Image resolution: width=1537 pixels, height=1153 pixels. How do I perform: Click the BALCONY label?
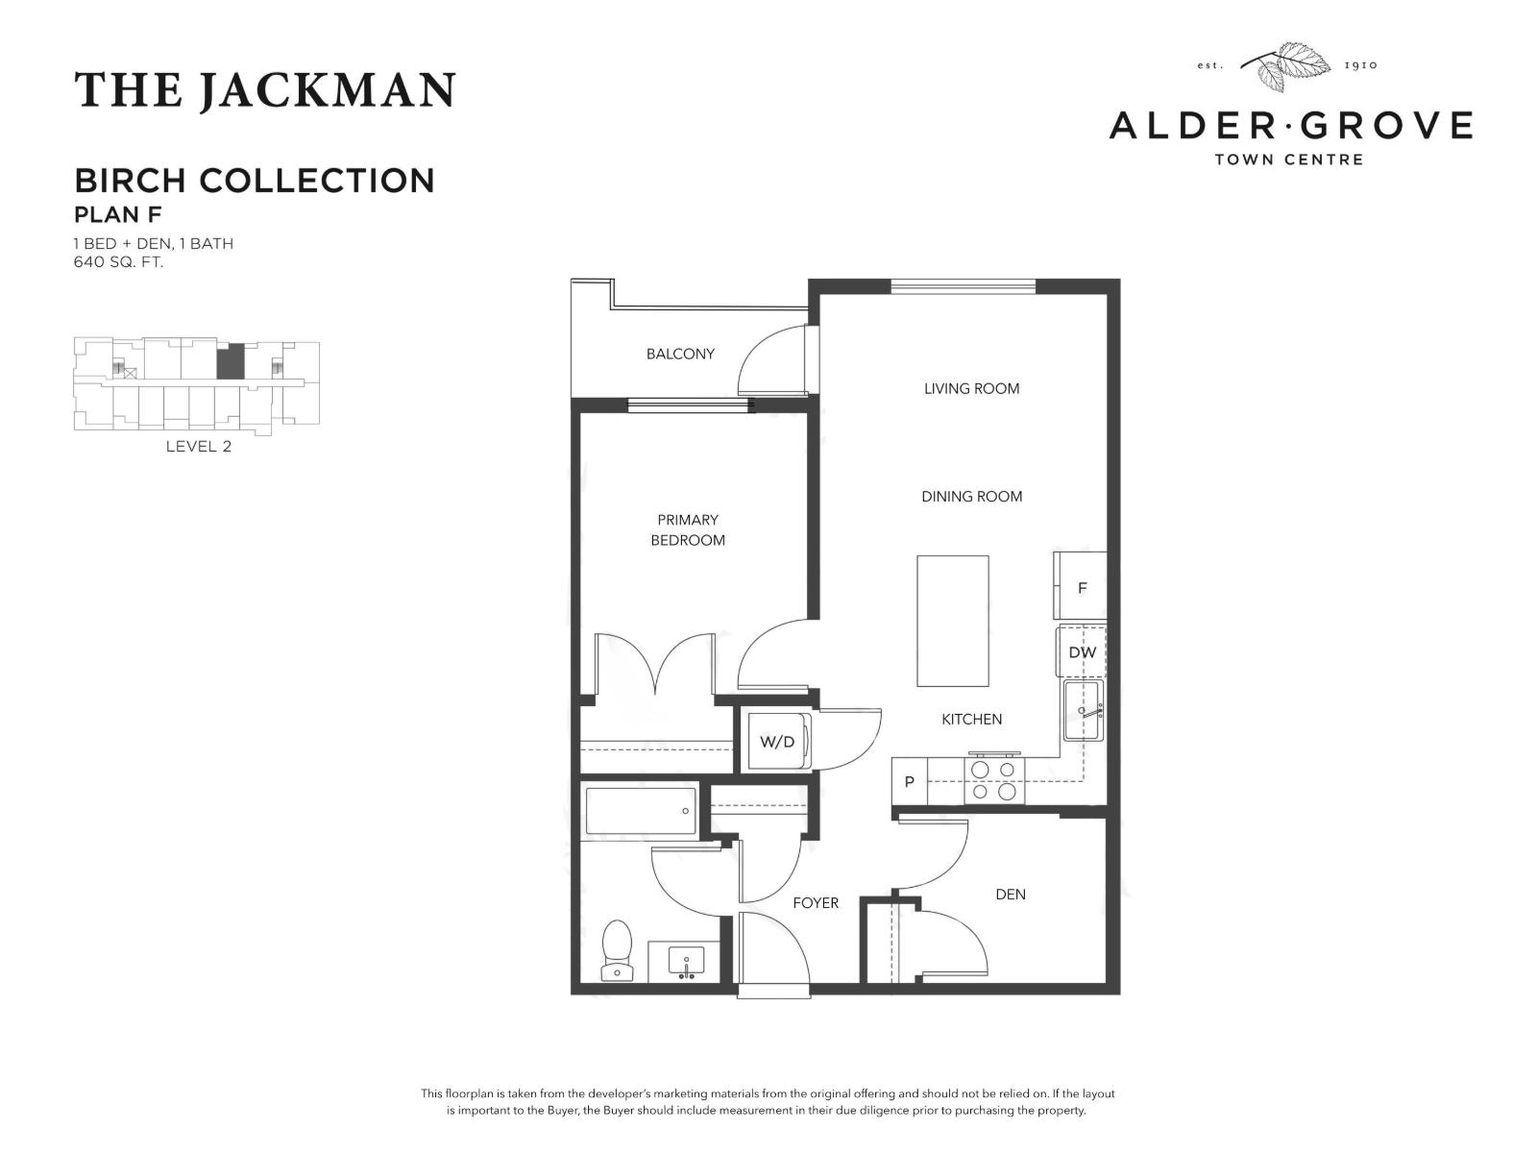click(x=680, y=354)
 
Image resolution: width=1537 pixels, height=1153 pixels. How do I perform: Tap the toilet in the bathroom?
click(x=617, y=950)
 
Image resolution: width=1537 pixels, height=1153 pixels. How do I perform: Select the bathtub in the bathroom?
click(x=640, y=812)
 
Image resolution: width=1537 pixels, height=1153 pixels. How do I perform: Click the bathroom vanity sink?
click(x=684, y=961)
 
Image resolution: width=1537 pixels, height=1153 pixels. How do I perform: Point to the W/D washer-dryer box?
click(x=778, y=742)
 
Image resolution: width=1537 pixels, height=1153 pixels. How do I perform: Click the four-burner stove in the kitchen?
click(x=993, y=780)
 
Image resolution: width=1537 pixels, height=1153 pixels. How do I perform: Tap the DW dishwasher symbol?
click(x=1082, y=652)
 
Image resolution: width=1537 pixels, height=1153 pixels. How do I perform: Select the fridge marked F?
click(x=1082, y=587)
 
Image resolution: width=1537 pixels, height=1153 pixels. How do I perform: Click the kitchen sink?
click(x=1084, y=711)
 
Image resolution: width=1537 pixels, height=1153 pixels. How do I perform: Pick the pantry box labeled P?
click(x=909, y=782)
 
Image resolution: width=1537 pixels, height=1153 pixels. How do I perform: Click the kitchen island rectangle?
click(x=952, y=621)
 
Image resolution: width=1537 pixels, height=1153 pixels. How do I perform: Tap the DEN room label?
click(x=1010, y=894)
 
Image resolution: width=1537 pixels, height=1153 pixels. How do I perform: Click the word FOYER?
click(x=815, y=903)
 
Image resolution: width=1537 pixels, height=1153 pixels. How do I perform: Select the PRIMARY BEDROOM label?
click(x=688, y=529)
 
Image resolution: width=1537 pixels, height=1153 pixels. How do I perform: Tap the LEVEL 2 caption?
click(x=198, y=446)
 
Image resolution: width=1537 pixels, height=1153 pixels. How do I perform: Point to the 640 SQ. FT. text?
click(x=118, y=261)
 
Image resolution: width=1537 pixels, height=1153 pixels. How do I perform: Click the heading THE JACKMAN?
click(x=264, y=90)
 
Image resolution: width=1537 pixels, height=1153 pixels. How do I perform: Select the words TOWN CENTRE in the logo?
click(x=1288, y=159)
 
